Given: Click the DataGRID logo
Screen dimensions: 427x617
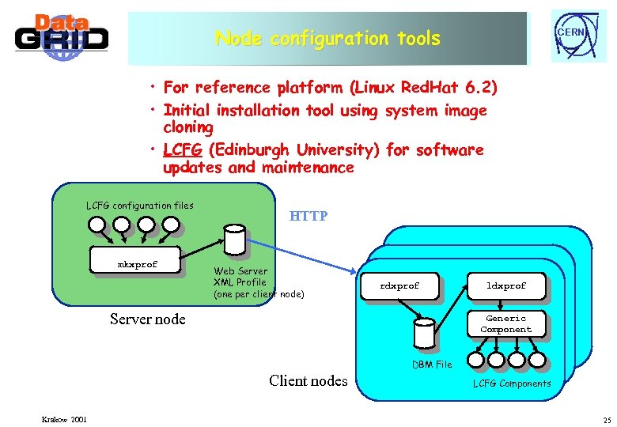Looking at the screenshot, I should pyautogui.click(x=61, y=36).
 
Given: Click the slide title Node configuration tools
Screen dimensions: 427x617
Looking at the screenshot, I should pyautogui.click(x=327, y=38).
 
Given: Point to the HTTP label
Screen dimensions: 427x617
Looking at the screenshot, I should pyautogui.click(x=308, y=216).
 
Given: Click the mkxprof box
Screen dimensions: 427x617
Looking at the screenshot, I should pyautogui.click(x=138, y=264).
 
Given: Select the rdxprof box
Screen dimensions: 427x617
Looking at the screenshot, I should pyautogui.click(x=399, y=285).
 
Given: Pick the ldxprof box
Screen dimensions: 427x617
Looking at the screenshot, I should pyautogui.click(x=506, y=285).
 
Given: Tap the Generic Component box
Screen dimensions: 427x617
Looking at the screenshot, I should pyautogui.click(x=506, y=324).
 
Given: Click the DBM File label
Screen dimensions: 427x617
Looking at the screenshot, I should pyautogui.click(x=432, y=365).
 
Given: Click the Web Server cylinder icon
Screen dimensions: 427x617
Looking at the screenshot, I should pyautogui.click(x=234, y=239).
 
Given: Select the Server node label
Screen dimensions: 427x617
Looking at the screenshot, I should pyautogui.click(x=147, y=319).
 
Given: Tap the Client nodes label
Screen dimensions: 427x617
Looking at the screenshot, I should pyautogui.click(x=308, y=381).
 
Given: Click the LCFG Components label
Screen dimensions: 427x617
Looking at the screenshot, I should pyautogui.click(x=512, y=384).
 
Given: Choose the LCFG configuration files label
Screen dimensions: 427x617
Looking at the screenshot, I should pyautogui.click(x=139, y=206).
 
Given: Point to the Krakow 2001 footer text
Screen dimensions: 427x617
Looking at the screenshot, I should pyautogui.click(x=65, y=418).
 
